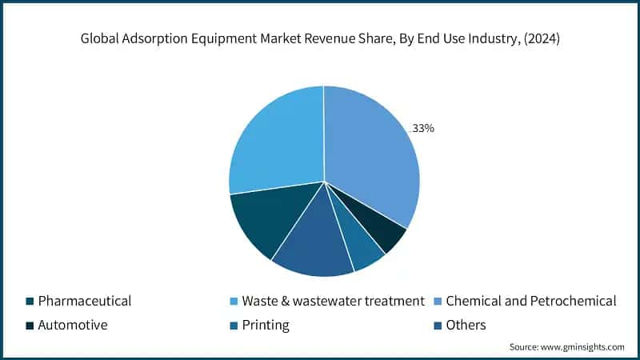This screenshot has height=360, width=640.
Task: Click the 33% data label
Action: [422, 128]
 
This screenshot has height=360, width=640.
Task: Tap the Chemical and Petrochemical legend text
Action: [531, 302]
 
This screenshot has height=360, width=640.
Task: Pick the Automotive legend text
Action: [74, 326]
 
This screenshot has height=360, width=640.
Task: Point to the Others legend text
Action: [466, 326]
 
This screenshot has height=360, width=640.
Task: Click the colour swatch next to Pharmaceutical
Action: [30, 302]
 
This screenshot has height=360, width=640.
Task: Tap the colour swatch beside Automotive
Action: [30, 326]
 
